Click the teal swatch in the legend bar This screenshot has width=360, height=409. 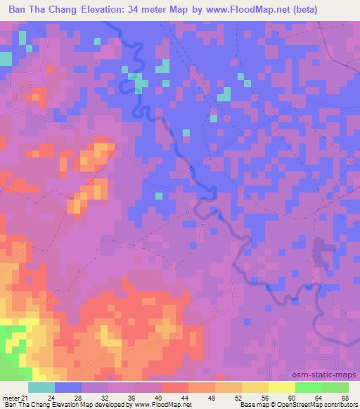click(41, 387)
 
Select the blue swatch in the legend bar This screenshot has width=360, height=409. click(68, 387)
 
